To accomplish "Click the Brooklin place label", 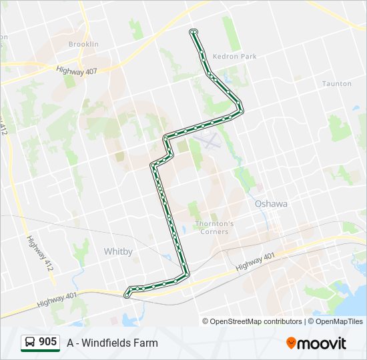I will point(83,44).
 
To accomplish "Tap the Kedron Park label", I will point(234,57).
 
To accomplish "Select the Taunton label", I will point(336,84).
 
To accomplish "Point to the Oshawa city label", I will point(271,204).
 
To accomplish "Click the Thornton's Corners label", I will point(214,227).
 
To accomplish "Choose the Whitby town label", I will point(118,251).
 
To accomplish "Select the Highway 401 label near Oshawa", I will point(255,261).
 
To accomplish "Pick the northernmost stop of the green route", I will point(194,31).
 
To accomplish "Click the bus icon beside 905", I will point(30,343).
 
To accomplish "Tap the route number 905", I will point(48,342).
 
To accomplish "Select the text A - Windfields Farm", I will point(112,343).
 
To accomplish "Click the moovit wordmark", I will point(322,343).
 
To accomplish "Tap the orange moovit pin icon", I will point(291,343).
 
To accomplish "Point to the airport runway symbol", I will point(210,140).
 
